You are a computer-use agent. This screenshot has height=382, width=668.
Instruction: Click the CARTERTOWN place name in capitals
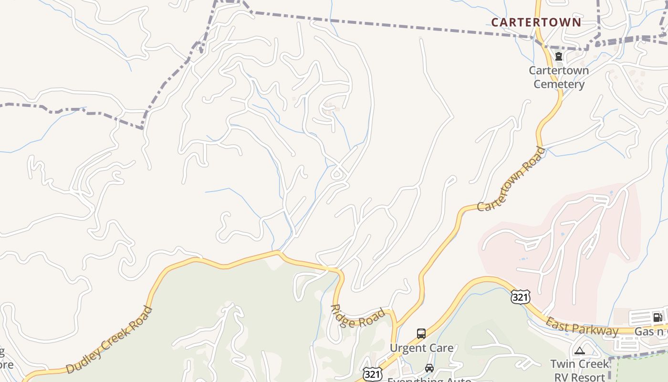click(x=536, y=22)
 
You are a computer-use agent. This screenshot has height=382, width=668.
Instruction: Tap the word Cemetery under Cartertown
click(x=559, y=85)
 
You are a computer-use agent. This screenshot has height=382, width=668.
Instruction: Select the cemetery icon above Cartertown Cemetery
click(x=559, y=57)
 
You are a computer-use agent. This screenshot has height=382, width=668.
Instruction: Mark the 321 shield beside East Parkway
click(x=520, y=297)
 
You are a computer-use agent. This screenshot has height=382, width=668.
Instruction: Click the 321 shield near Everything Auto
click(x=372, y=374)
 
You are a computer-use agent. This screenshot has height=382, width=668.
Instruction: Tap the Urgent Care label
click(x=422, y=348)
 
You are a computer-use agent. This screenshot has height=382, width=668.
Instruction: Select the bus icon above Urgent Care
click(x=421, y=334)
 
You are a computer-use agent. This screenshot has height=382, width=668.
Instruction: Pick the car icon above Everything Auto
click(x=429, y=368)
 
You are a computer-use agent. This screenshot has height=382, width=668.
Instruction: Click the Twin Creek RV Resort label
click(x=580, y=370)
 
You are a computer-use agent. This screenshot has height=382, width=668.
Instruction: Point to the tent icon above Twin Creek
click(x=580, y=351)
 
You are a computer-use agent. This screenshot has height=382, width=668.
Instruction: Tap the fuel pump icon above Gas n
click(x=657, y=317)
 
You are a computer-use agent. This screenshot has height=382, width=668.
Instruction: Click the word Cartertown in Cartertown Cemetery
click(x=559, y=71)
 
